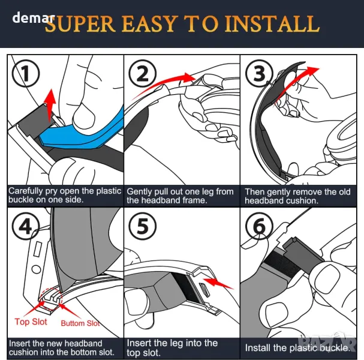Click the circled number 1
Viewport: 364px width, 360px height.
tap(26, 73)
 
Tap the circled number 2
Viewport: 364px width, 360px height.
tap(143, 73)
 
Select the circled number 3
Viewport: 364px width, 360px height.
tap(259, 73)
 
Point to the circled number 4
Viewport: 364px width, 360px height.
tap(26, 226)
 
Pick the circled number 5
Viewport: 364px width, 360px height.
tap(143, 226)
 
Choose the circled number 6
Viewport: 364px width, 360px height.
tap(259, 226)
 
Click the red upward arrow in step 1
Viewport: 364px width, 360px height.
tap(50, 105)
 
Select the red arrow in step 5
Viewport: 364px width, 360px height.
tap(218, 283)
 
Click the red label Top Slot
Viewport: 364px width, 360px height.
tap(31, 322)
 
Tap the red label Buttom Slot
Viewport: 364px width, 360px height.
tap(80, 323)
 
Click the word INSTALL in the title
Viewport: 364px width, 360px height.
tap(272, 24)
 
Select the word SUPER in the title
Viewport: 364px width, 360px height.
tap(80, 24)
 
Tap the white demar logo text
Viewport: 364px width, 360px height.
tap(33, 17)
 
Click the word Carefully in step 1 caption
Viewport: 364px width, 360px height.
tap(26, 191)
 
